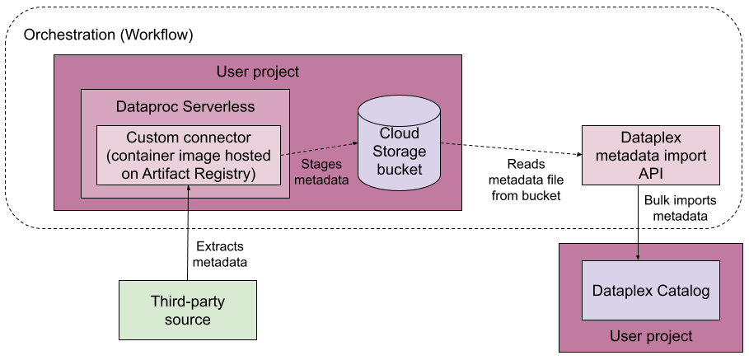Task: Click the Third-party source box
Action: tap(187, 310)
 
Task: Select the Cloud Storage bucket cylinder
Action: tap(399, 152)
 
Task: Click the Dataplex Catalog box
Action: tap(650, 291)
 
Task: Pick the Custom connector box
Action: tap(188, 155)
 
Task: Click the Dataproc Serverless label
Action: tap(185, 107)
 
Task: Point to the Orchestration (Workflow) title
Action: tap(108, 35)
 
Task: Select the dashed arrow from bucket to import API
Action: tap(511, 149)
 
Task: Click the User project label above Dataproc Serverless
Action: tap(257, 72)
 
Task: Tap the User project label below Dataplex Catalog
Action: tap(651, 336)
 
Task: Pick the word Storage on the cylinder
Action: tap(399, 152)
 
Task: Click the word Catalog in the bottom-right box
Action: tap(682, 291)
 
